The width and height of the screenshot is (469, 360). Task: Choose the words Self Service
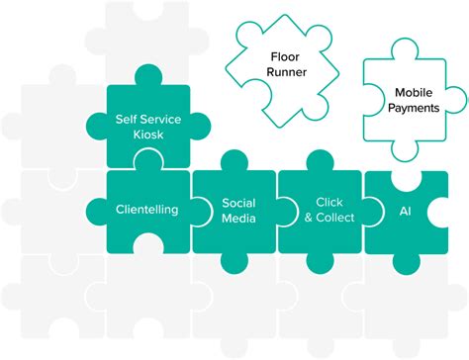pyautogui.click(x=147, y=118)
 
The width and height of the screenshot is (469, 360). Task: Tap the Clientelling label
pyautogui.click(x=146, y=209)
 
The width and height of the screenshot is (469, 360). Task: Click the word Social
pyautogui.click(x=237, y=202)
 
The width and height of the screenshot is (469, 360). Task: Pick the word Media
pyautogui.click(x=237, y=218)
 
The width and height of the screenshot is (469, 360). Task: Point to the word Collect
pyautogui.click(x=328, y=218)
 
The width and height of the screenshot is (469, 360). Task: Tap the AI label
pyautogui.click(x=404, y=211)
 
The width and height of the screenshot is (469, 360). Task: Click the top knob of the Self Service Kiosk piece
pyautogui.click(x=147, y=75)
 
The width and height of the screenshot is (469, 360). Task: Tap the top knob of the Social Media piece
pyautogui.click(x=234, y=161)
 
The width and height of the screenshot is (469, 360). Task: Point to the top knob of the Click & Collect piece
pyautogui.click(x=322, y=161)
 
